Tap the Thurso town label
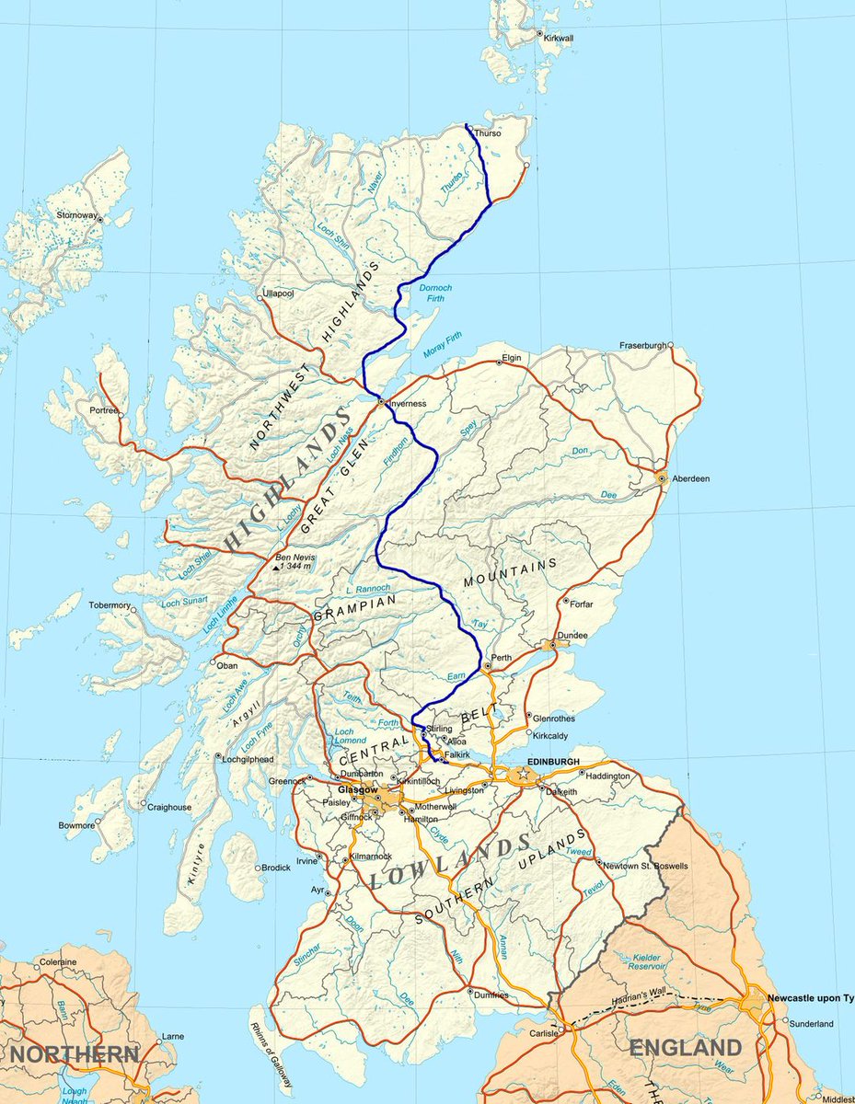pyautogui.click(x=489, y=133)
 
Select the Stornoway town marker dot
pyautogui.click(x=101, y=221)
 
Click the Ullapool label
pyautogui.click(x=277, y=293)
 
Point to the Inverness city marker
pyautogui.click(x=380, y=401)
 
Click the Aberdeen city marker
pyautogui.click(x=661, y=477)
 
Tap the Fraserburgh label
pyautogui.click(x=643, y=345)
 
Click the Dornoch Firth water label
pyautogui.click(x=435, y=293)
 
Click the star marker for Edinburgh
pyautogui.click(x=524, y=775)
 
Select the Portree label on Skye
pyautogui.click(x=104, y=410)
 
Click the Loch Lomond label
pyautogui.click(x=343, y=737)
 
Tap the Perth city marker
pyautogui.click(x=486, y=665)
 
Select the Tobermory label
pyautogui.click(x=110, y=605)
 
